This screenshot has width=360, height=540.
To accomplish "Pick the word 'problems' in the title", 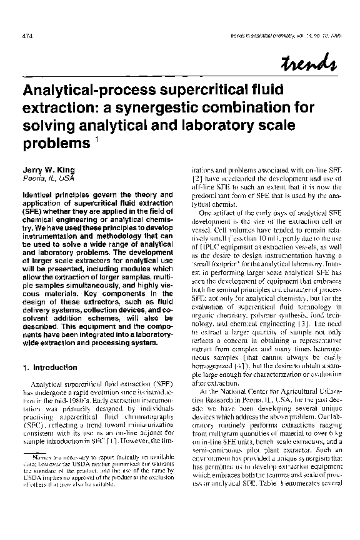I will click(x=52, y=144).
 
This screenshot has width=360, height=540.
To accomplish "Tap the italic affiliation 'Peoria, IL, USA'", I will click(x=44, y=178).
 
